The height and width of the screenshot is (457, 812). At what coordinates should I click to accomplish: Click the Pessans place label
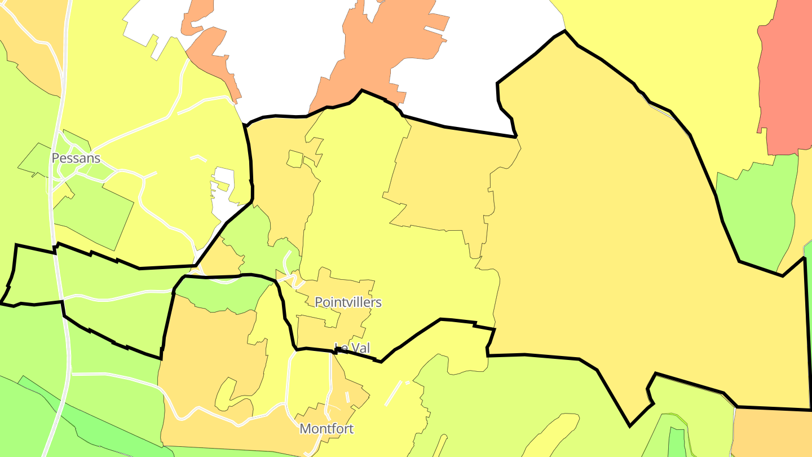pos(76,158)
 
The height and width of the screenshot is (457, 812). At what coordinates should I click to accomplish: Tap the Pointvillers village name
pos(348,302)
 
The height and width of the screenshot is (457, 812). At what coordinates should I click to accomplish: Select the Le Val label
pos(352,348)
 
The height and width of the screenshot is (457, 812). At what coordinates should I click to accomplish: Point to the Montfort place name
pos(326,429)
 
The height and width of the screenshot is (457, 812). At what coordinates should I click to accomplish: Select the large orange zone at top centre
pos(383,51)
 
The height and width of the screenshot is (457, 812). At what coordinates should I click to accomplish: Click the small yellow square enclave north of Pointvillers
pos(294,159)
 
